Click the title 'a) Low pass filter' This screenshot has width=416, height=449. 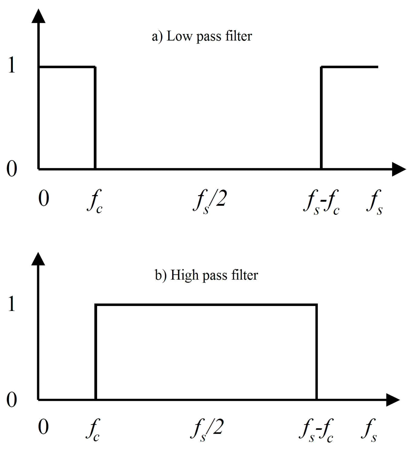202,37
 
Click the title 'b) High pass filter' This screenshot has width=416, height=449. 206,275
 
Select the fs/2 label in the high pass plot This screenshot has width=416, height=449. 207,429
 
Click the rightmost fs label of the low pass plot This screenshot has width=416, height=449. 374,201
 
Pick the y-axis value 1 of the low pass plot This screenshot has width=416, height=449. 12,66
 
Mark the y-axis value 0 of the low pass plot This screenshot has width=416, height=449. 12,169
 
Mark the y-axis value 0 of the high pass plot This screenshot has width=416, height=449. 12,400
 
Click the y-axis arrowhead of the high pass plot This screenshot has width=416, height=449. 38,259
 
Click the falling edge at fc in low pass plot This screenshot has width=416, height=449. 95,117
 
